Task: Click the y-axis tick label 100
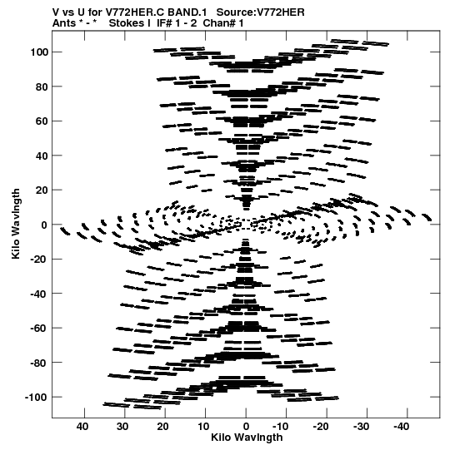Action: (39, 52)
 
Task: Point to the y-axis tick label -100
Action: (37, 398)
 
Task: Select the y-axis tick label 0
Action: (44, 225)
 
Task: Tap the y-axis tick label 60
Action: (42, 121)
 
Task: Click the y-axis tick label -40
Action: (39, 294)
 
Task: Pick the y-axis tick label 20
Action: (42, 190)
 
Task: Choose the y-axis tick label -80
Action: (39, 363)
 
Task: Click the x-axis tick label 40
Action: (82, 427)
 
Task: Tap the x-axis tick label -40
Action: (401, 427)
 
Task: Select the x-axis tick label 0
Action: (246, 427)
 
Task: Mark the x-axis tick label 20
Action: (163, 427)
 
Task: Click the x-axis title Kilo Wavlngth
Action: (247, 437)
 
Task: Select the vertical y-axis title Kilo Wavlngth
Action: (16, 224)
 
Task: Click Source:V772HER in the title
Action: (260, 12)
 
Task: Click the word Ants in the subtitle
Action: (64, 23)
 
